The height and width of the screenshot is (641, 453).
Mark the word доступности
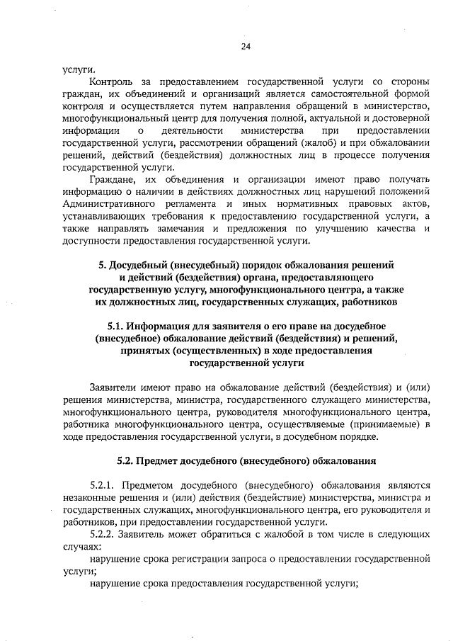click(91, 241)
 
